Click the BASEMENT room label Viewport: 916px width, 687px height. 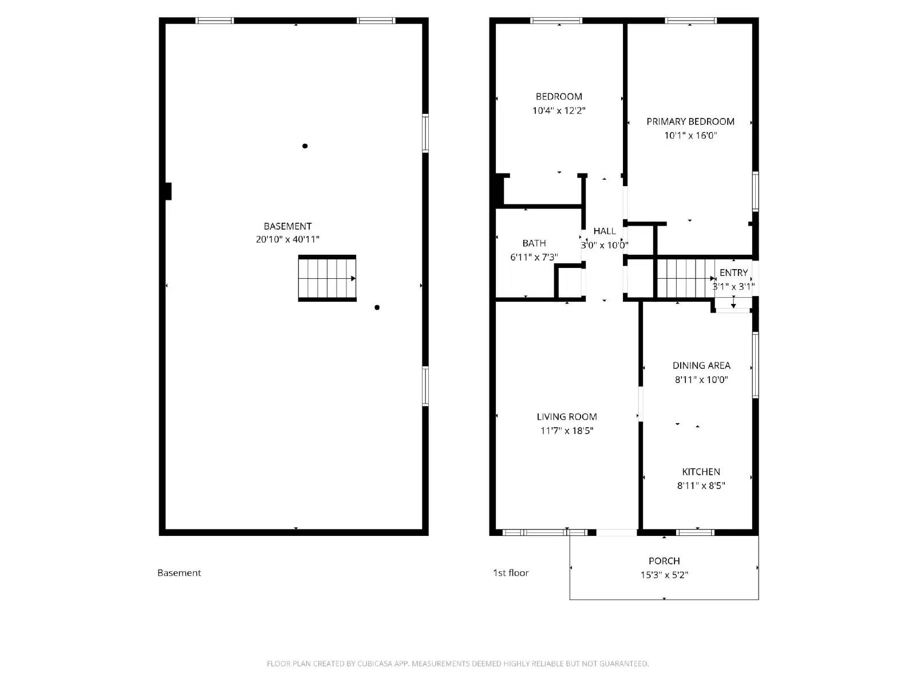click(287, 226)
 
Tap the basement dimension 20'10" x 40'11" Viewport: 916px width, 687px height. click(287, 240)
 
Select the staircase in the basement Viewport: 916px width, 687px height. click(327, 278)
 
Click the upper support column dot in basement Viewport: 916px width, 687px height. click(305, 146)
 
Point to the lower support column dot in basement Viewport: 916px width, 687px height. click(377, 307)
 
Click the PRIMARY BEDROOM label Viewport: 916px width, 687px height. click(690, 121)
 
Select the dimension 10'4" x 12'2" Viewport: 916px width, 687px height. click(559, 110)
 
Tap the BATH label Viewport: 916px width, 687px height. click(534, 243)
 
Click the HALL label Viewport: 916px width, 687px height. click(605, 231)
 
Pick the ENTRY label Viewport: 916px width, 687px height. click(733, 273)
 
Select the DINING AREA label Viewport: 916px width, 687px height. click(701, 365)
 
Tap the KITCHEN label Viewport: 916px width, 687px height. click(701, 472)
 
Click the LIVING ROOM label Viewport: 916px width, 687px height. click(567, 417)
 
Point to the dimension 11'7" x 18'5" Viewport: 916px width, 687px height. click(567, 431)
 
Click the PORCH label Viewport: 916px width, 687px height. click(664, 561)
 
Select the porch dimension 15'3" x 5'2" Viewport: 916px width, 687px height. click(664, 575)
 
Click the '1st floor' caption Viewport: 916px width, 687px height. click(511, 572)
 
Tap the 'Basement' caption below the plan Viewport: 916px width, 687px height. click(179, 572)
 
